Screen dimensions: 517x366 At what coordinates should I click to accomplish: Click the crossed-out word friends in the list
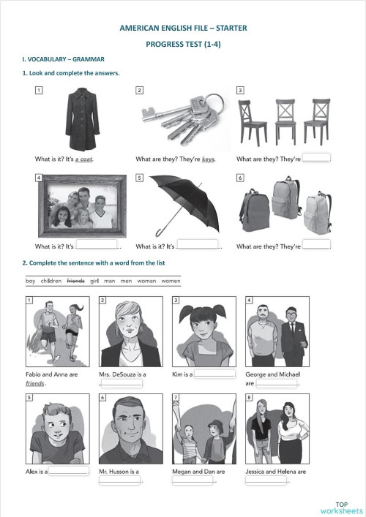point(75,281)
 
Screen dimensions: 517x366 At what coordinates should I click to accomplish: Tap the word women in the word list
point(170,281)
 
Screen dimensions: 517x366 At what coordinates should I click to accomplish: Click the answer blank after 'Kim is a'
point(214,374)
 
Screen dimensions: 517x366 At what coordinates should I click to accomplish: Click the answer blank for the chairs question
point(317,157)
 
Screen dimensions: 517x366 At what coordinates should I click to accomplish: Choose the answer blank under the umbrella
point(198,245)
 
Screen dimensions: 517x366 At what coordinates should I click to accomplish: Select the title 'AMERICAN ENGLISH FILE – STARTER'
point(183,28)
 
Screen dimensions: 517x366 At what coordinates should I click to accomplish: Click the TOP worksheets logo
point(340,507)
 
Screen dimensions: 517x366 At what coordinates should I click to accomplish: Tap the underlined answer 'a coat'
point(84,159)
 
